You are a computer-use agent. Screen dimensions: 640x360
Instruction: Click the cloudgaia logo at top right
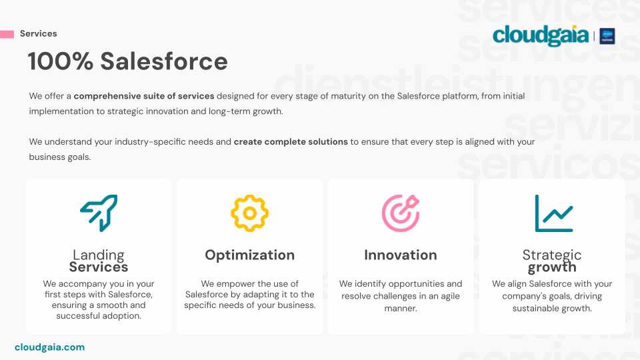[541, 35]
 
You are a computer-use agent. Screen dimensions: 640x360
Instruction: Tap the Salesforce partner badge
[607, 36]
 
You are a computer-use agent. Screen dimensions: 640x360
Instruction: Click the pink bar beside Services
[7, 34]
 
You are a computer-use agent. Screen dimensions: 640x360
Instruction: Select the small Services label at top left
[39, 33]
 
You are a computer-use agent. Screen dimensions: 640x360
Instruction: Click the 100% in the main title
[61, 61]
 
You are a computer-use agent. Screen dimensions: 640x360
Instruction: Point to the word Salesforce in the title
[164, 61]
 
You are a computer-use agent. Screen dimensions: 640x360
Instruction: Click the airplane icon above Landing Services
[99, 213]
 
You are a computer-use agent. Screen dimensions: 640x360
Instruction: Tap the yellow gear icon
[250, 213]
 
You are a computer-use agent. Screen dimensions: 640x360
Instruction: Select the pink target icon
[401, 213]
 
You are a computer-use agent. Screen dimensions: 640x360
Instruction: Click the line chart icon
[554, 213]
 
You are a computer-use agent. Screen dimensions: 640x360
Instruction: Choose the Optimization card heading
[250, 255]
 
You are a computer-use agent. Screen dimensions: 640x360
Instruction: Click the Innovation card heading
[401, 255]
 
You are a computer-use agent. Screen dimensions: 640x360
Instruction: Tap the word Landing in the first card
[99, 255]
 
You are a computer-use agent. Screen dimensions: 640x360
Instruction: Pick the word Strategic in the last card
[552, 255]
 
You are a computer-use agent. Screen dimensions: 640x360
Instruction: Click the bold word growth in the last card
[552, 267]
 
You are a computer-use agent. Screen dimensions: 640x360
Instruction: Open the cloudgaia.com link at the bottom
[50, 347]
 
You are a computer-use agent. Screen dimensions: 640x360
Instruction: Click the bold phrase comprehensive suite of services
[144, 96]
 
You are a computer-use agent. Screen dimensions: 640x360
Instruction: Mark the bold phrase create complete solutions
[291, 141]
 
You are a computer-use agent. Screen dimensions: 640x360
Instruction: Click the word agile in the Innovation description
[450, 296]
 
